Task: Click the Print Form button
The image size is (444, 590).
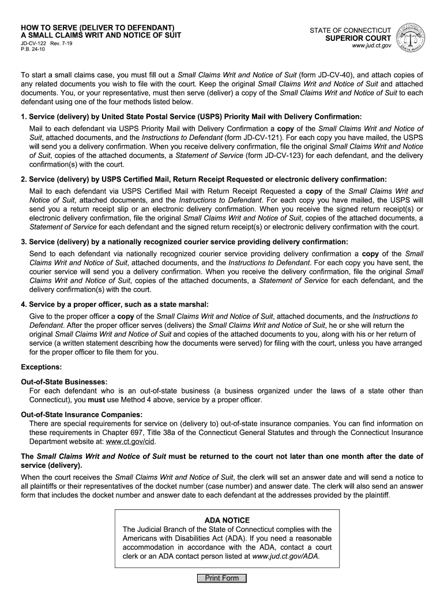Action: point(221,578)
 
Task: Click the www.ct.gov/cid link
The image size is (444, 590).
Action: point(130,442)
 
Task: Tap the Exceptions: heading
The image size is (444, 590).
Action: point(41,366)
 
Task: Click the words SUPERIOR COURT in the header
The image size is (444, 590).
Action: point(358,38)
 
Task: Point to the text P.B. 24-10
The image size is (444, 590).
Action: point(33,49)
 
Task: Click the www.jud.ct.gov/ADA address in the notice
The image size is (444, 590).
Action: point(286,557)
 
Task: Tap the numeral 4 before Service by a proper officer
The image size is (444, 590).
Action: point(23,304)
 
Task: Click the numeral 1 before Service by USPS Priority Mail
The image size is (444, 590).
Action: point(23,116)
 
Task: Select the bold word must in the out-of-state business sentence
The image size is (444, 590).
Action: point(96,400)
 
